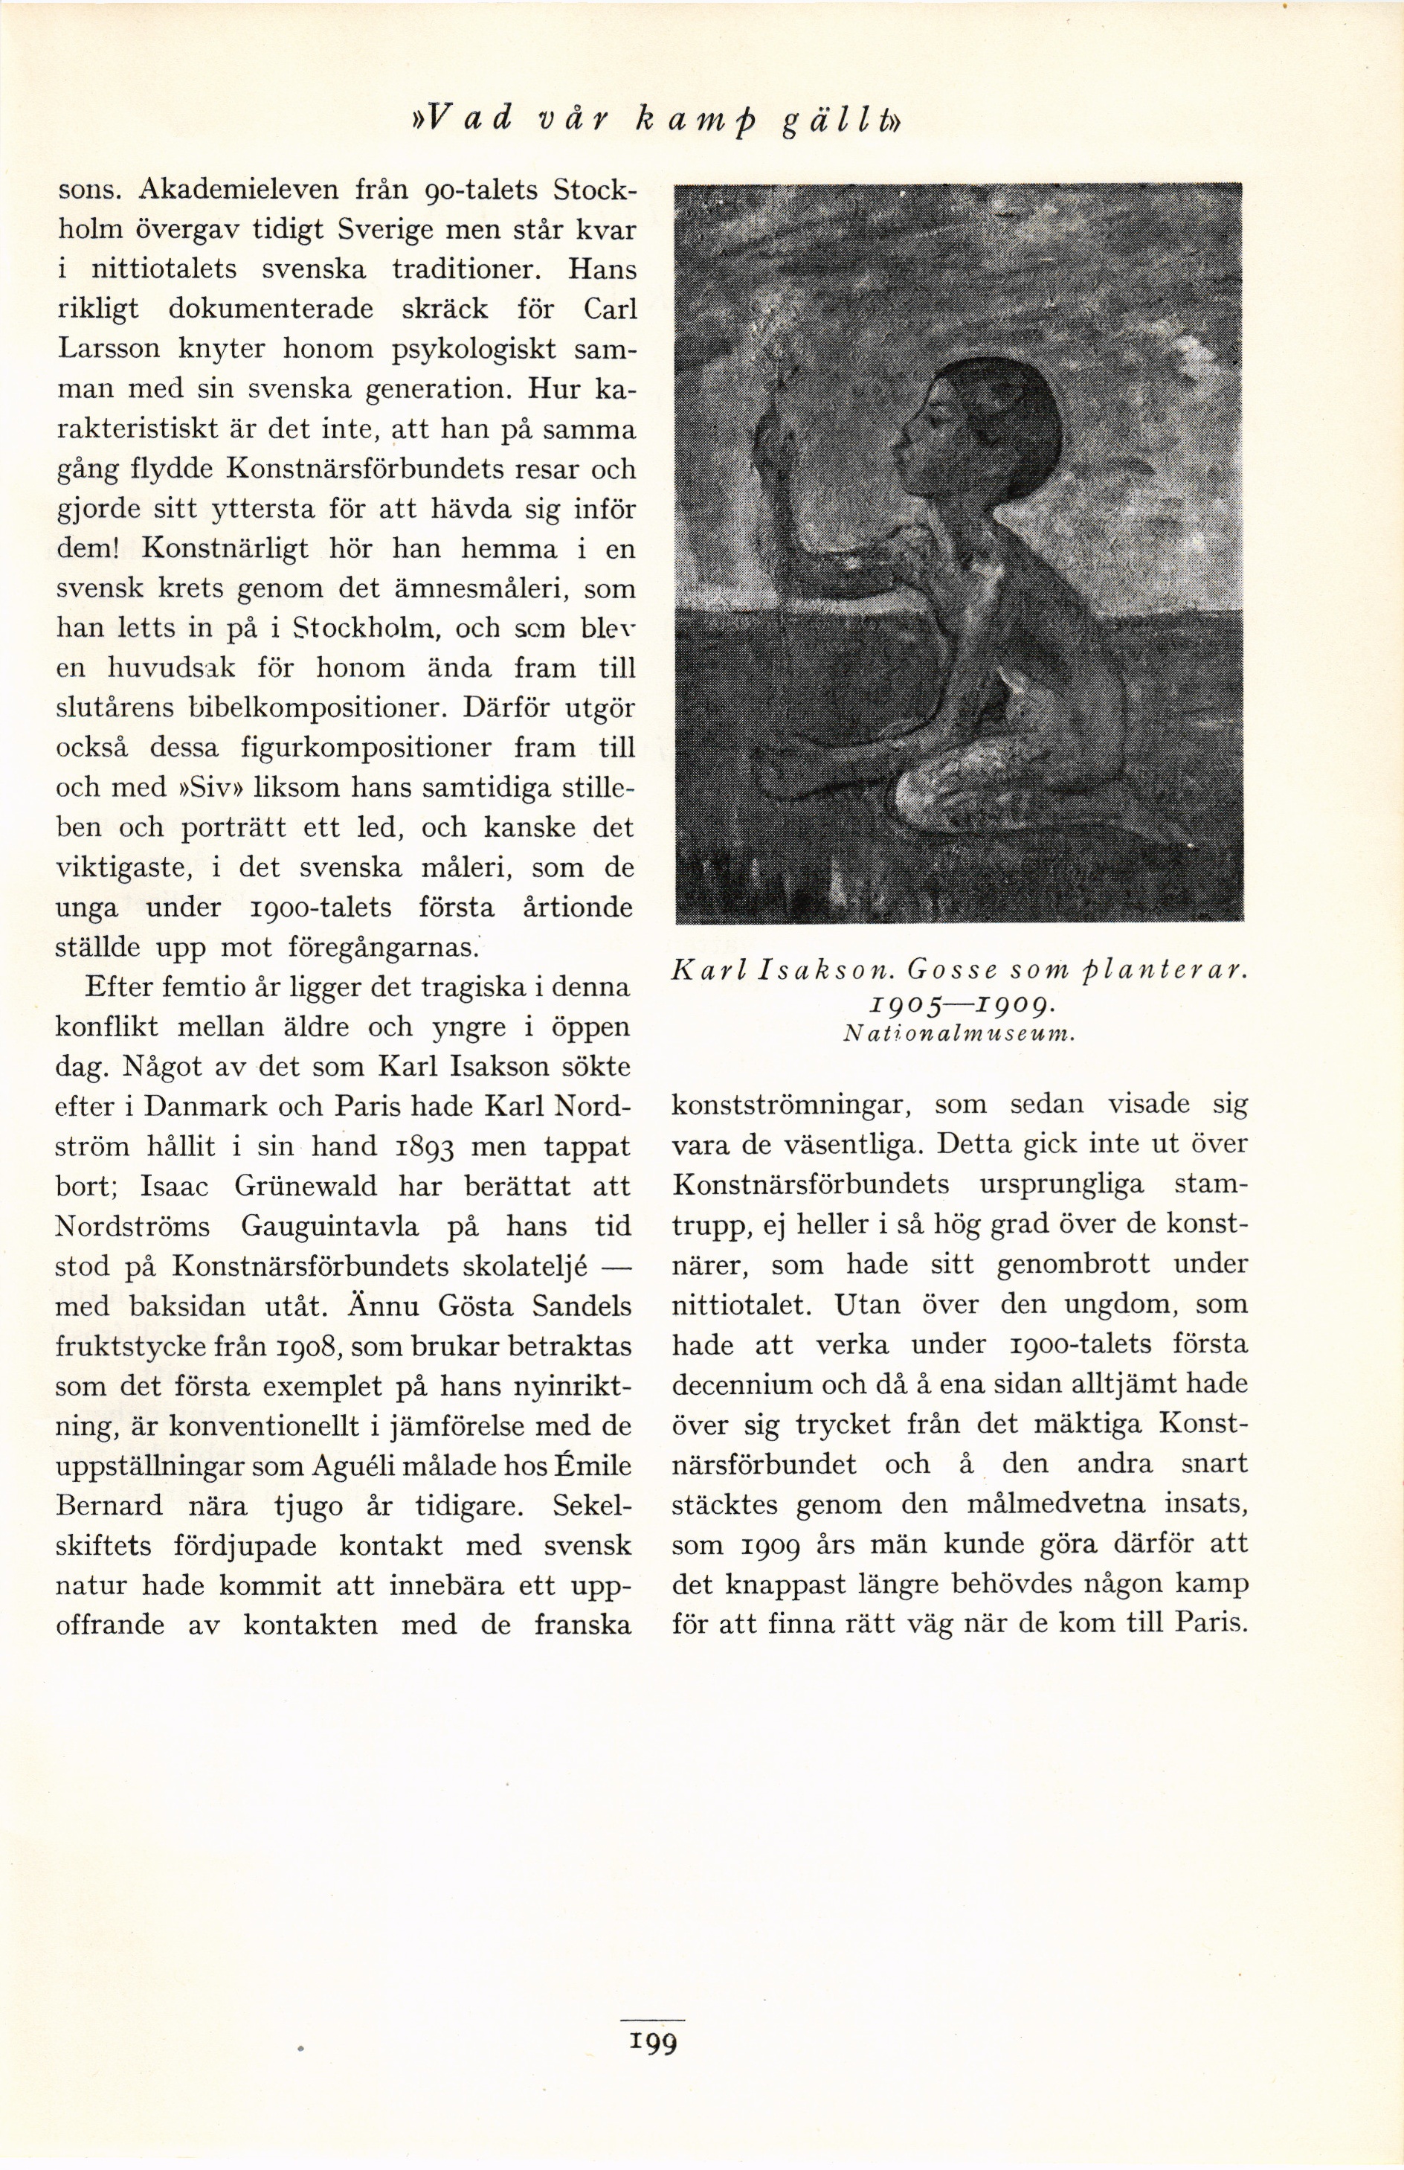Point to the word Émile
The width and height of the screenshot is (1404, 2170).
593,1466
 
